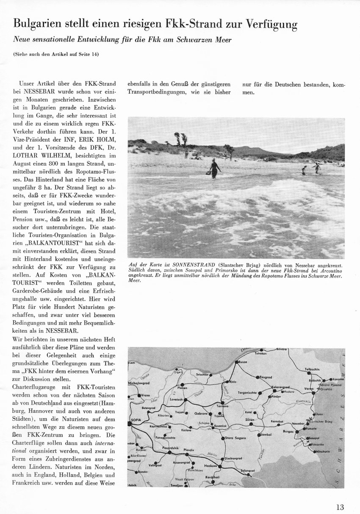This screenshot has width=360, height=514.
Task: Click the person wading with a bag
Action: pos(215,168)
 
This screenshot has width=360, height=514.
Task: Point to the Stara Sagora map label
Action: pos(235,438)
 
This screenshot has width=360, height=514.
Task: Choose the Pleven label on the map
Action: pos(182,388)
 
